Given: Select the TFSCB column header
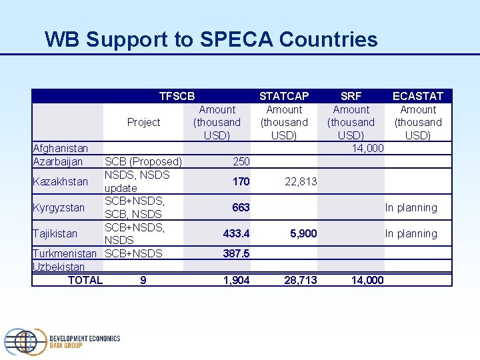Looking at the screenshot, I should click(177, 96).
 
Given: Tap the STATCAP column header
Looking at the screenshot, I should click(284, 96).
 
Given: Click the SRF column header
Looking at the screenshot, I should click(351, 96).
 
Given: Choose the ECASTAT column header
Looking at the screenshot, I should click(418, 96).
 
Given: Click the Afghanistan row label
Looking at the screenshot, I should click(61, 148).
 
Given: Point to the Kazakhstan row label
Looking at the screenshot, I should click(61, 181).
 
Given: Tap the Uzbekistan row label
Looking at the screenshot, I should click(59, 267).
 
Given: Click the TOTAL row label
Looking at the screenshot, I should click(85, 280).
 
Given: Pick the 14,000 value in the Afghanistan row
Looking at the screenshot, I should click(367, 148).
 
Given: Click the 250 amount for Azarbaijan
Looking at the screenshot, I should click(241, 161).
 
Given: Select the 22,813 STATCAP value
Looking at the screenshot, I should click(301, 181).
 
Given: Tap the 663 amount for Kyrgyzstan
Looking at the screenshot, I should click(241, 207).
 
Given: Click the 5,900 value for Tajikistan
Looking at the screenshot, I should click(303, 233).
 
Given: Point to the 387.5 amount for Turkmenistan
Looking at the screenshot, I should click(237, 253).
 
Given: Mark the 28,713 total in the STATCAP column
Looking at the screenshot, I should click(301, 280).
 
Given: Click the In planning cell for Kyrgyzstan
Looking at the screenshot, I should click(411, 207).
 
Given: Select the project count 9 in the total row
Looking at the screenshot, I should click(143, 280).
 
